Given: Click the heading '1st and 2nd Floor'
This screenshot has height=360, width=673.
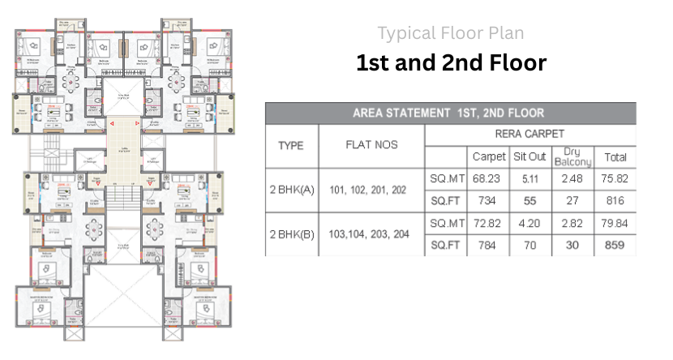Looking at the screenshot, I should [x=451, y=63].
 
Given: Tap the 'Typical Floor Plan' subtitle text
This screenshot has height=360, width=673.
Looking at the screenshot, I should [x=451, y=33].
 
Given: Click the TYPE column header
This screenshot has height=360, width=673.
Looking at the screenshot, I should [x=291, y=146].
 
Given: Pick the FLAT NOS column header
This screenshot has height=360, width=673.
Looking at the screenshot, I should [x=372, y=146].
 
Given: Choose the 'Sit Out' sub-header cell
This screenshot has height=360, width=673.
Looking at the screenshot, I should [x=529, y=156].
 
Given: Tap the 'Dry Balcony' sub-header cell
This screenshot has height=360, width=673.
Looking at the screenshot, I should [x=572, y=156].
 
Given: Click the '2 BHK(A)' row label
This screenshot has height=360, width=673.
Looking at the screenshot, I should [x=292, y=191].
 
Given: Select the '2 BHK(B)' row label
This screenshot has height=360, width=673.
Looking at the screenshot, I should [x=292, y=234].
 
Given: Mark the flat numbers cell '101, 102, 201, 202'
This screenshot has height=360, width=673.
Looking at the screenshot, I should [x=372, y=191].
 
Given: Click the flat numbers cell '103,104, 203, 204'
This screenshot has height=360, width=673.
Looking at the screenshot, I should [x=372, y=234].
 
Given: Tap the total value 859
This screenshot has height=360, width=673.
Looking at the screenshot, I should [x=615, y=245].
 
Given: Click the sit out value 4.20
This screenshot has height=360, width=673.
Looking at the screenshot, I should [x=529, y=223].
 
